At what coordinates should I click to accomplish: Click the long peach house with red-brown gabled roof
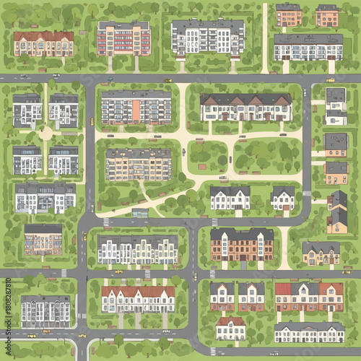[x=43, y=43]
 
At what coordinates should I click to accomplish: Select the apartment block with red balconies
[x=123, y=38]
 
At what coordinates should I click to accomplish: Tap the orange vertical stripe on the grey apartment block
[x=136, y=108]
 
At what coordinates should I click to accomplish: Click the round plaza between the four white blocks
[x=45, y=134]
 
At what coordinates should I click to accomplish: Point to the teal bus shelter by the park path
[x=140, y=213]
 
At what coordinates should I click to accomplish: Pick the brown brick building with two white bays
[x=242, y=245]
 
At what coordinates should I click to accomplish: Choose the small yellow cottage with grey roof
[x=321, y=253]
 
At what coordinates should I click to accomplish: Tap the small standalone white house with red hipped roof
[x=231, y=329]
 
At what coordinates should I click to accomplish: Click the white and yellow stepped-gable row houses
[x=138, y=250]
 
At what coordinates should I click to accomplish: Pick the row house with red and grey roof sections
[x=309, y=297]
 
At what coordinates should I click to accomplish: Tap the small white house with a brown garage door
[x=282, y=199]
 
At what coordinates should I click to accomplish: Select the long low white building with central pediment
[x=309, y=332]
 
